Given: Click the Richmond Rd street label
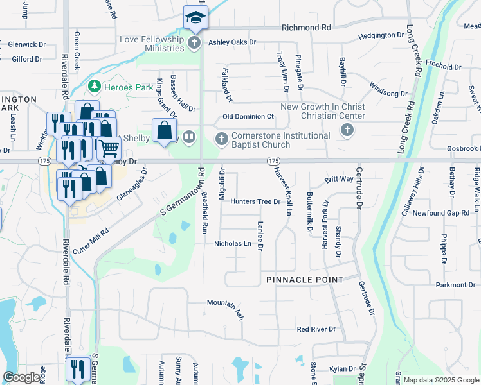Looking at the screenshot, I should coord(306,28).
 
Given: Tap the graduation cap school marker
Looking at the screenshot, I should coord(195,16).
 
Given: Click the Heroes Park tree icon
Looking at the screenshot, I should coord(95,85).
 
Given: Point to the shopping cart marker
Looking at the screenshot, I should coord(109,149).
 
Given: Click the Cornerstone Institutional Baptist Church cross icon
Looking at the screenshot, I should coord(222,139).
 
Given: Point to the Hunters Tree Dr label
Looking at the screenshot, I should coord(256,201).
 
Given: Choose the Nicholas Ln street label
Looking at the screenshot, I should coord(233,244).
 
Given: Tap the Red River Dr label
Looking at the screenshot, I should coord(316,329).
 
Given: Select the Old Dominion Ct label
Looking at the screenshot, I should coord(248,117).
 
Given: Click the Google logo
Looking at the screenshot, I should coord(22,378).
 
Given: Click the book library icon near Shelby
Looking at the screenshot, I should coord(189,136).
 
